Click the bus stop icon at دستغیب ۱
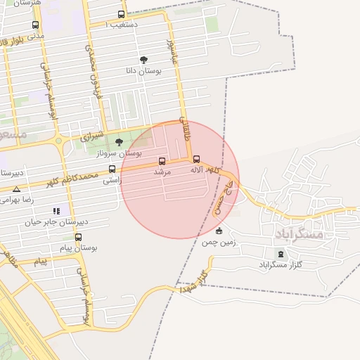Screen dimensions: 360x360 tap(122, 14)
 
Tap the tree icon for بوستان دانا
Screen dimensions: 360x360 tap(144, 60)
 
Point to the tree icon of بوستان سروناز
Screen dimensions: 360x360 tap(117, 142)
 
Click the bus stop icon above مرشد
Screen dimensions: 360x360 tap(162, 160)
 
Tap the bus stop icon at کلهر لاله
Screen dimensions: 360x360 tap(196, 159)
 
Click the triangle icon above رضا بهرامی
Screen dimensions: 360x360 tap(17, 189)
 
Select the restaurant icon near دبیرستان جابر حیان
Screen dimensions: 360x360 tap(56, 210)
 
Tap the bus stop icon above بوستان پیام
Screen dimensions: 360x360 tap(92, 237)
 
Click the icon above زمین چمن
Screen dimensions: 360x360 tap(219, 231)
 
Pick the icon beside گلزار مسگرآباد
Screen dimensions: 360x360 tap(281, 254)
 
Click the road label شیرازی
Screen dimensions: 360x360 tap(91, 135)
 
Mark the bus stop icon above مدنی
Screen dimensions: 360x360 tap(35, 25)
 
